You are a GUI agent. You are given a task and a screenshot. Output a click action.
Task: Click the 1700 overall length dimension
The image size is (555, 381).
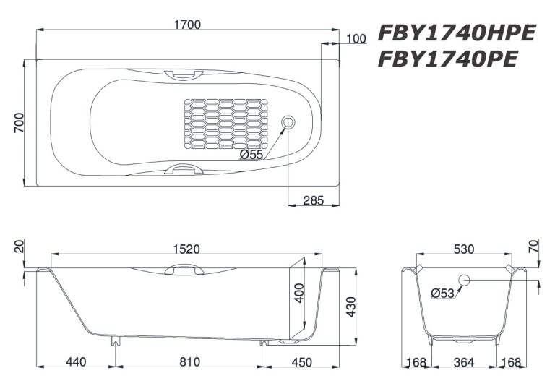tap(186, 24)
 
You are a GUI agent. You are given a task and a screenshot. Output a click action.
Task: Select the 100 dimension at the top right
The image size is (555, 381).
tap(356, 39)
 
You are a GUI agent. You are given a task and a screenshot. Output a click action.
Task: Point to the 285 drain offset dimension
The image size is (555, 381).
tap(313, 200)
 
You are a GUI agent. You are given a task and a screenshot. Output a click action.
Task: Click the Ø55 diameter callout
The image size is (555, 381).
tap(251, 154)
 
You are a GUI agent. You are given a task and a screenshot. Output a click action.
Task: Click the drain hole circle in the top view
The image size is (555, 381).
tap(288, 122)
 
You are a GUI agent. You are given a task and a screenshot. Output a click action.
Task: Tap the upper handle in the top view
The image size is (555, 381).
tap(176, 73)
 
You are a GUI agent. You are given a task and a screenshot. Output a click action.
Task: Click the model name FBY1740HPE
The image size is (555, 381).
tap(456, 33)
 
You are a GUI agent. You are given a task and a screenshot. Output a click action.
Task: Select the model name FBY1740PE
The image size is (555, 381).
tap(447, 59)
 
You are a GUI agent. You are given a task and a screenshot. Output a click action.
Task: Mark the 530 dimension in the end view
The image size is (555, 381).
tap(464, 249)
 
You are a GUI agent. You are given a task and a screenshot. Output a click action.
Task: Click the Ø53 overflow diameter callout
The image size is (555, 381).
tap(443, 293)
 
